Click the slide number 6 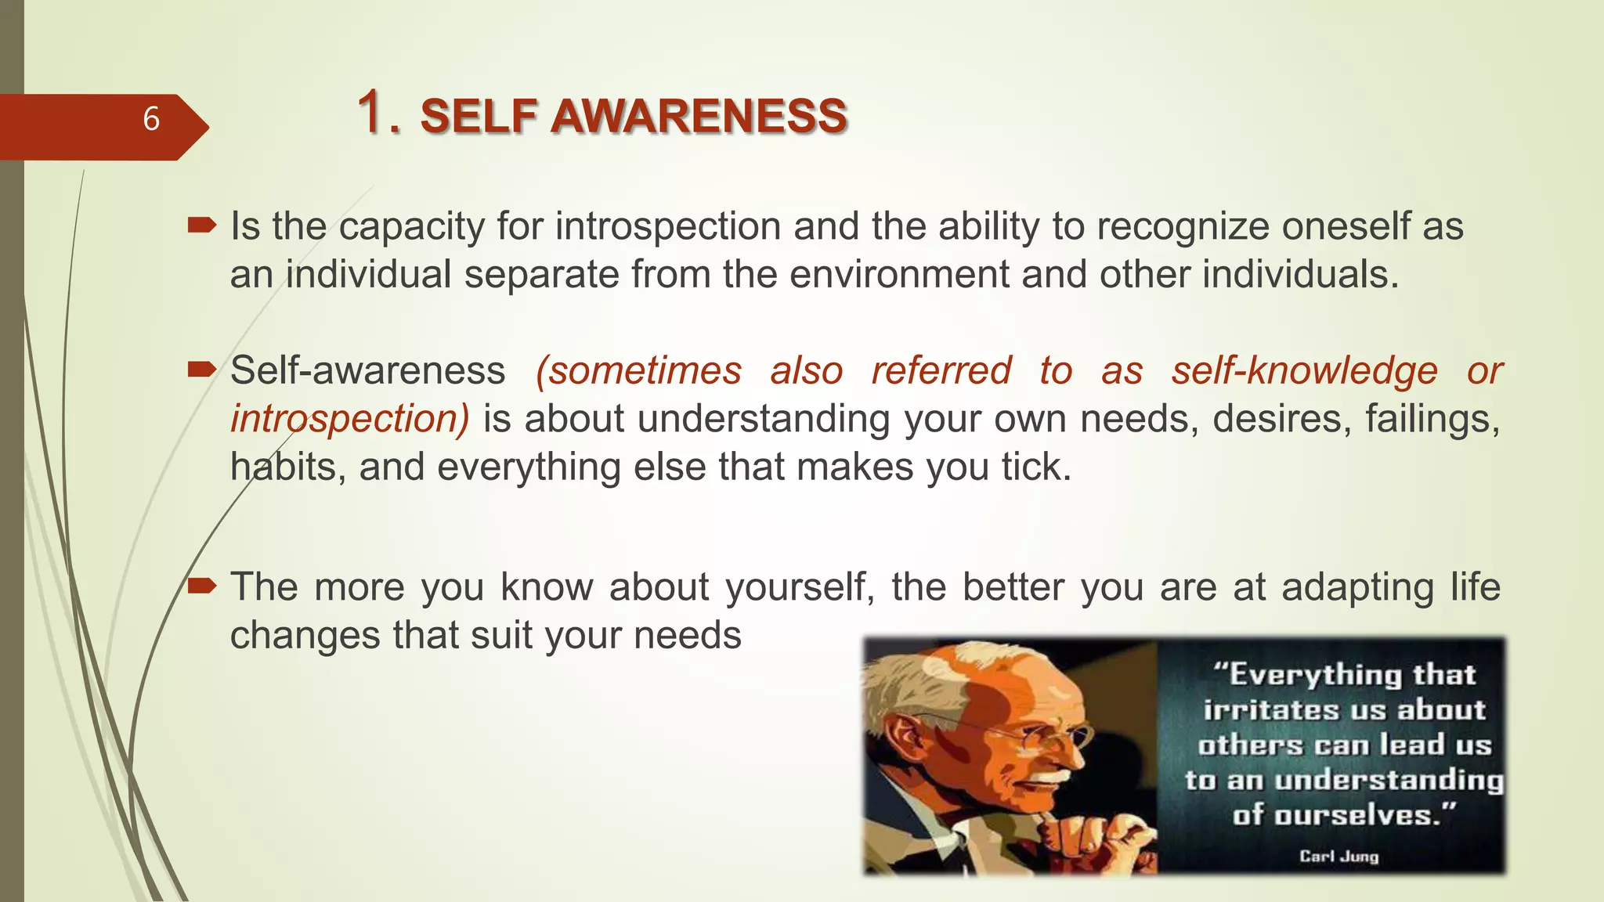(x=151, y=119)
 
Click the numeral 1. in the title (x=379, y=113)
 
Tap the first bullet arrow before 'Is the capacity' (x=202, y=227)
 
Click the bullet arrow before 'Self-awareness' (x=202, y=370)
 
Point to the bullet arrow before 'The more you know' (x=202, y=586)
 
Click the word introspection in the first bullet (x=668, y=227)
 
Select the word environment (x=900, y=275)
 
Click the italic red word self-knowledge (x=1304, y=370)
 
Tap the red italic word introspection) (x=349, y=419)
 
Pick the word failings (x=1432, y=419)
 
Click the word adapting (x=1357, y=586)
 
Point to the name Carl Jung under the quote (x=1338, y=856)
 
